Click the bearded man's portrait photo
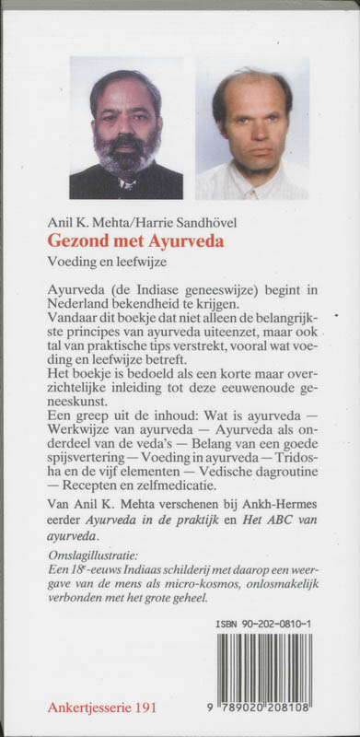[125, 134]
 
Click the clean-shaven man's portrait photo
[251, 134]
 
